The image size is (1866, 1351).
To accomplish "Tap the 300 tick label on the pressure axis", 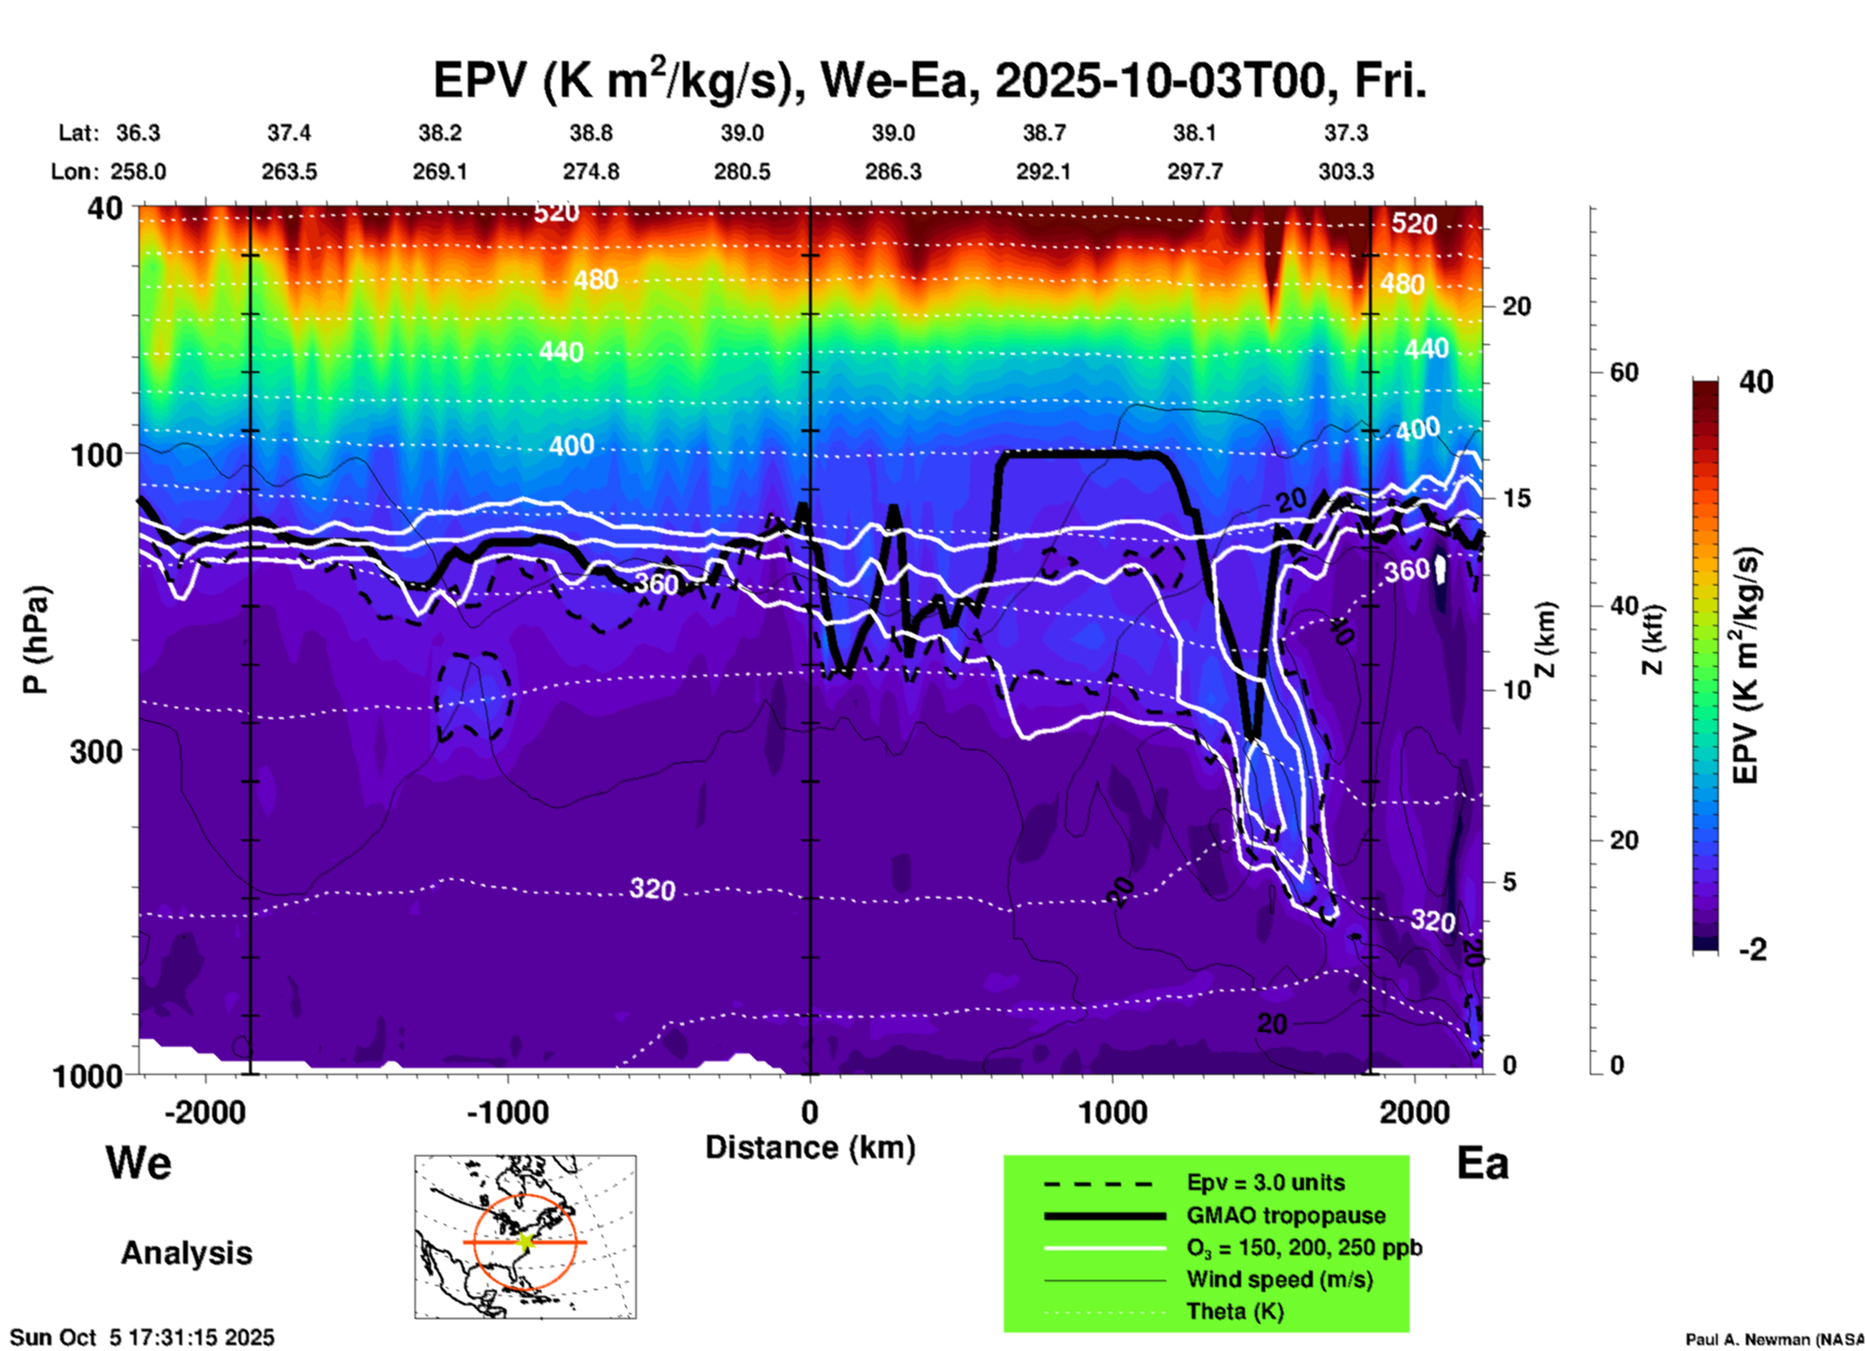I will coord(97,751).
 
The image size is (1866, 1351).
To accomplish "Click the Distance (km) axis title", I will coord(810,1147).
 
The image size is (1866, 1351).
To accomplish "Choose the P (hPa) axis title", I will coord(36,640).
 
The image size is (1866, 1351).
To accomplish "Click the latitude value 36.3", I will coord(138,133).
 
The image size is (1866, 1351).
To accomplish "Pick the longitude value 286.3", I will coord(892,172).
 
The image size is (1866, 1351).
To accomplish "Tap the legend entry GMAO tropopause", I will coord(1286,1215).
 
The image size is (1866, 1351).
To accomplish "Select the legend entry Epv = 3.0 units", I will coord(1265,1183).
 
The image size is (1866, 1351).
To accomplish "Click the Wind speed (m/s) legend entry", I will coord(1279,1279).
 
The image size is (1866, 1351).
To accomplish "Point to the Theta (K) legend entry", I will coord(1234,1312).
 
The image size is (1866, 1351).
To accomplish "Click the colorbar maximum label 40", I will coord(1756,382).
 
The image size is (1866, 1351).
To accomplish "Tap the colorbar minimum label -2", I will coord(1753,950).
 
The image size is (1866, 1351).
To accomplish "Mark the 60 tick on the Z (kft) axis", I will coord(1624,372).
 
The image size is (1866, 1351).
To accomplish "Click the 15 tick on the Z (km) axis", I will coord(1516,498).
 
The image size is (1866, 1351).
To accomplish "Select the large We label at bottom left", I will coord(139,1163).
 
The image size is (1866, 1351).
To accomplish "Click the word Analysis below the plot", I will coord(186,1253).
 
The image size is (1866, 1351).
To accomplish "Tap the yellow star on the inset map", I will coord(526,1241).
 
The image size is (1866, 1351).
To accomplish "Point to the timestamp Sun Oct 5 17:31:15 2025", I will coord(142,1337).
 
